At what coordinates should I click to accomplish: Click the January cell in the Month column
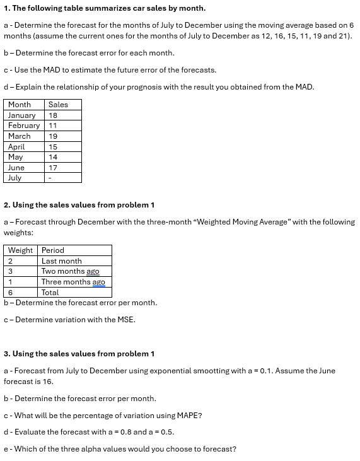point(21,115)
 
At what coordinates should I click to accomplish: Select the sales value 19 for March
point(53,136)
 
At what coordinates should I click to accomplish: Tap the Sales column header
point(58,105)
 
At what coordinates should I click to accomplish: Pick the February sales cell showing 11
point(53,125)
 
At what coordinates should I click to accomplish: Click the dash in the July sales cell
point(50,178)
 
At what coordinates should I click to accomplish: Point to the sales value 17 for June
point(53,168)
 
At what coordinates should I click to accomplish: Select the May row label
point(15,157)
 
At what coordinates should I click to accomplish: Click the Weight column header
point(20,250)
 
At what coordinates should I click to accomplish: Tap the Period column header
point(53,250)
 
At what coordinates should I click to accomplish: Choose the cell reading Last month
point(61,261)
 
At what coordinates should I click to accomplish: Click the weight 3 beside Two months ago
point(10,271)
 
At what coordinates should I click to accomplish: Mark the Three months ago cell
point(73,282)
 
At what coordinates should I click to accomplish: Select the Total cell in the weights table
point(50,293)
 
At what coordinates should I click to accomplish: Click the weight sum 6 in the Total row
point(10,293)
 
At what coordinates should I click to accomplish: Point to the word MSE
point(125,320)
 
